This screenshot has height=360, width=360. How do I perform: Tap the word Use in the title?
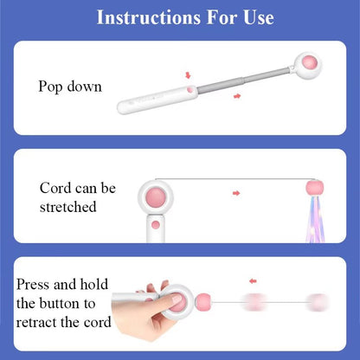point(255,17)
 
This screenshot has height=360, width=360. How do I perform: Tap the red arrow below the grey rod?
point(236,97)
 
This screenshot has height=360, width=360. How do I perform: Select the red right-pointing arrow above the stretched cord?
point(235,193)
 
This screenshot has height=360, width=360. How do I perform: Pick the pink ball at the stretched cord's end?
point(314,188)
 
